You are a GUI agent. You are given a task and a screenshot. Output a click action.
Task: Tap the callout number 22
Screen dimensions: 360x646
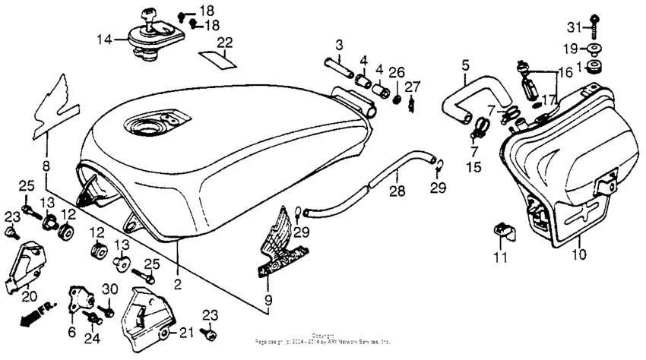tap(224, 42)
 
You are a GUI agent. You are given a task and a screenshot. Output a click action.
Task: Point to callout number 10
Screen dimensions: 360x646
tap(580, 254)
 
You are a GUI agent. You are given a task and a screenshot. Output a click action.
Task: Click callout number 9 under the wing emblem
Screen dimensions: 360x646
tap(267, 302)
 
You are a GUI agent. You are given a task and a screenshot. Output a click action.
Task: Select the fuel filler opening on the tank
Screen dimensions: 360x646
tap(156, 122)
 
